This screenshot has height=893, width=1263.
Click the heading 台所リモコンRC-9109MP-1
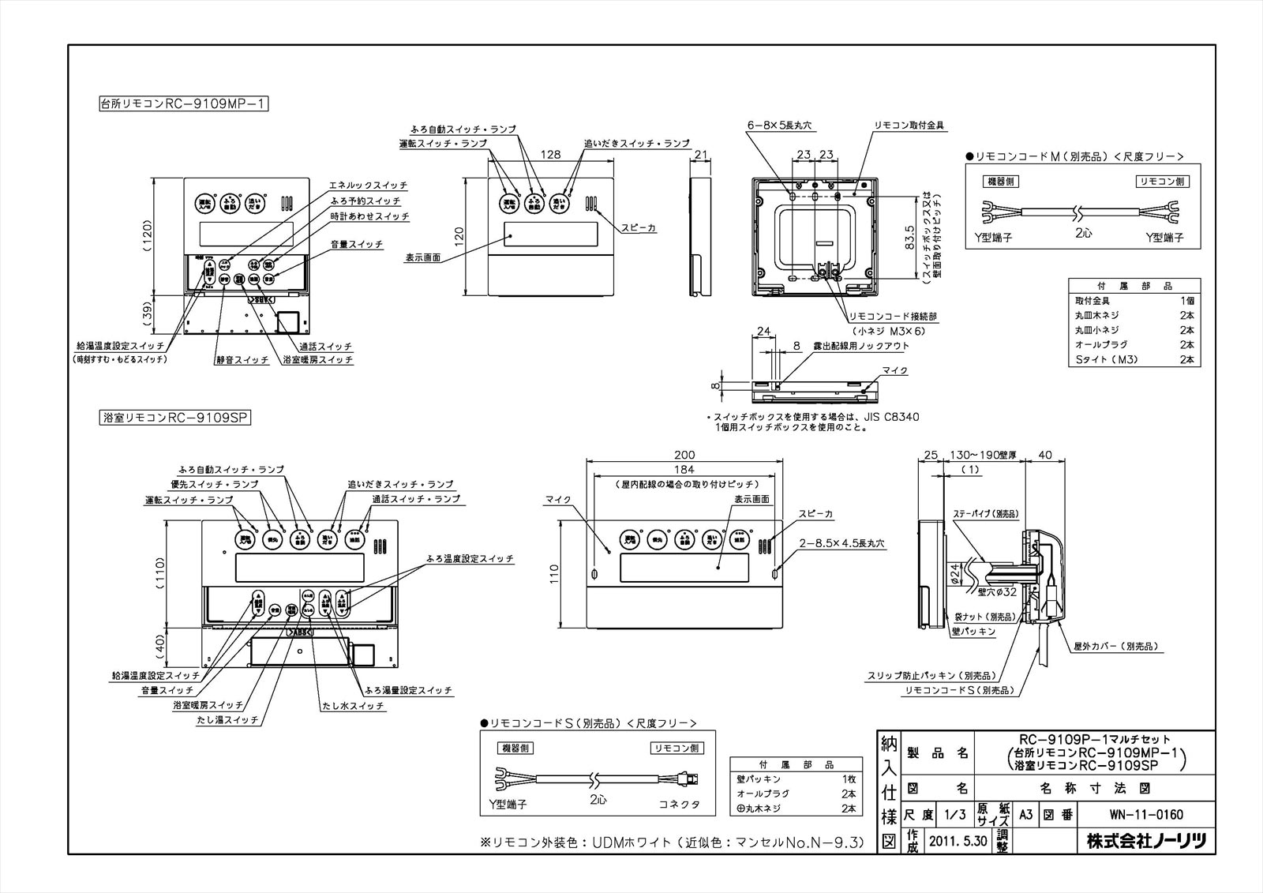182,103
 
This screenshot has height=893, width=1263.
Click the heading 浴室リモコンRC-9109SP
174,417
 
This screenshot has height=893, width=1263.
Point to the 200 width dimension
684,455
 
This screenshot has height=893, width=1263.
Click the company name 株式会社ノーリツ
1146,841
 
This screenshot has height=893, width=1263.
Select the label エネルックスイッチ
368,185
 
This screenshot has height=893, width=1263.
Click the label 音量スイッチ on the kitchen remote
356,245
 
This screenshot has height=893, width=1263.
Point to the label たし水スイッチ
353,705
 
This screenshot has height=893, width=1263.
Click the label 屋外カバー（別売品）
1115,646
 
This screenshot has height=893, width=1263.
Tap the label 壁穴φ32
997,591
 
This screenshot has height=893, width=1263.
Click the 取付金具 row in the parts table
1092,301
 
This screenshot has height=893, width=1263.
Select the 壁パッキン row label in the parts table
757,779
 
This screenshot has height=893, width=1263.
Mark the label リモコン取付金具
909,126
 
